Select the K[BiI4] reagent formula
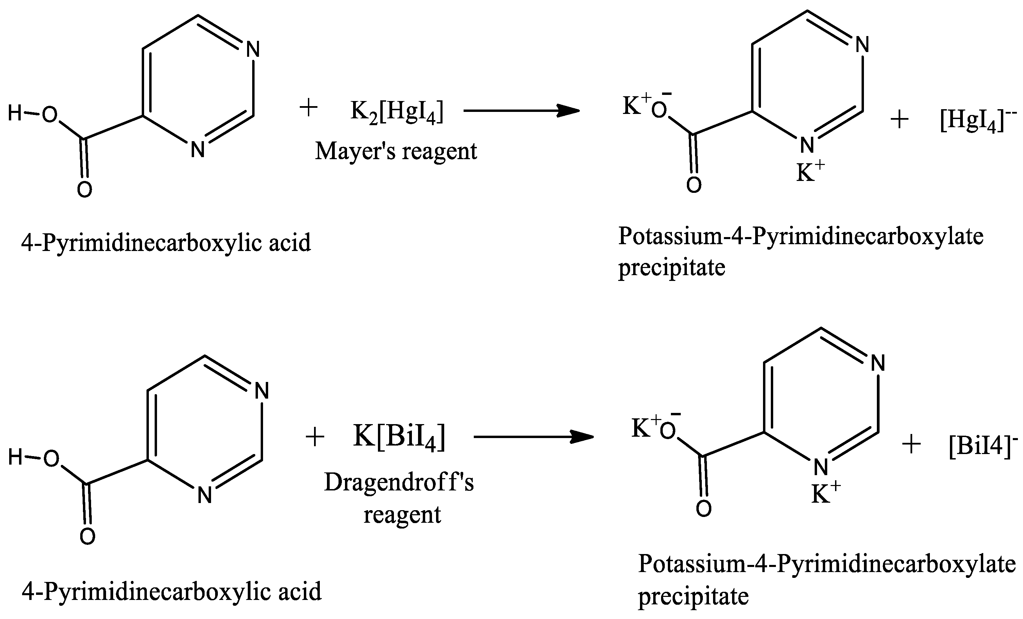point(399,437)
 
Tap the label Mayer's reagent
point(396,151)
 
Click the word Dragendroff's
point(399,483)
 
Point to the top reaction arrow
point(521,111)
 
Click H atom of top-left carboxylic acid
point(15,113)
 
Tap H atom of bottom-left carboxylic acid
point(15,458)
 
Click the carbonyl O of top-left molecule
point(84,190)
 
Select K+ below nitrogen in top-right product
point(810,172)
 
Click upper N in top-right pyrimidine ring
point(862,45)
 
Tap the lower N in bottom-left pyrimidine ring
point(205,495)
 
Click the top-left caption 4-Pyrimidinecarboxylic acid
point(166,242)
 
